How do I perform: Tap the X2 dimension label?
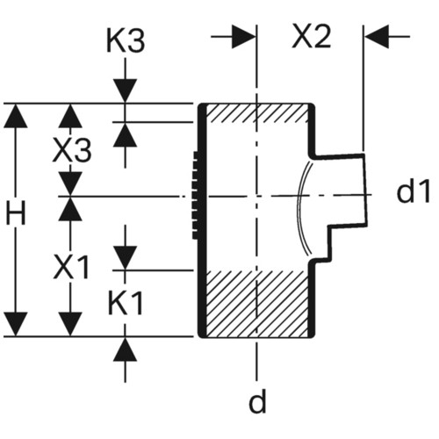pyautogui.click(x=312, y=37)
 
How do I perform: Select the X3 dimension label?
pyautogui.click(x=72, y=151)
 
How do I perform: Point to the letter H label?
pyautogui.click(x=16, y=215)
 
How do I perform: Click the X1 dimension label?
pyautogui.click(x=71, y=267)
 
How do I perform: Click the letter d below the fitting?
pyautogui.click(x=257, y=400)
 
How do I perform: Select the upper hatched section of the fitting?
pyautogui.click(x=257, y=113)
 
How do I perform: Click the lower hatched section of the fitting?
pyautogui.click(x=257, y=304)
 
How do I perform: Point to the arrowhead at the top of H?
pyautogui.click(x=16, y=116)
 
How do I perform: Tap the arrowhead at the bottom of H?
pyautogui.click(x=16, y=324)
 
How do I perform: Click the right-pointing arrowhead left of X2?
pyautogui.click(x=244, y=37)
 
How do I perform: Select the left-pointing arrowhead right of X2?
pyautogui.click(x=377, y=37)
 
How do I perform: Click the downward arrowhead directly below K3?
pyautogui.click(x=126, y=91)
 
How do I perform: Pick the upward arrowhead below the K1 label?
pyautogui.click(x=126, y=349)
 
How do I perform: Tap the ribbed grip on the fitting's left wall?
pyautogui.click(x=196, y=195)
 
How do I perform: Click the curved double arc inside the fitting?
pyautogui.click(x=304, y=206)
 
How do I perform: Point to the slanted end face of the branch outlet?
pyautogui.click(x=365, y=191)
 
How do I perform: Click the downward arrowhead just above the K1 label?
pyautogui.click(x=126, y=258)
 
